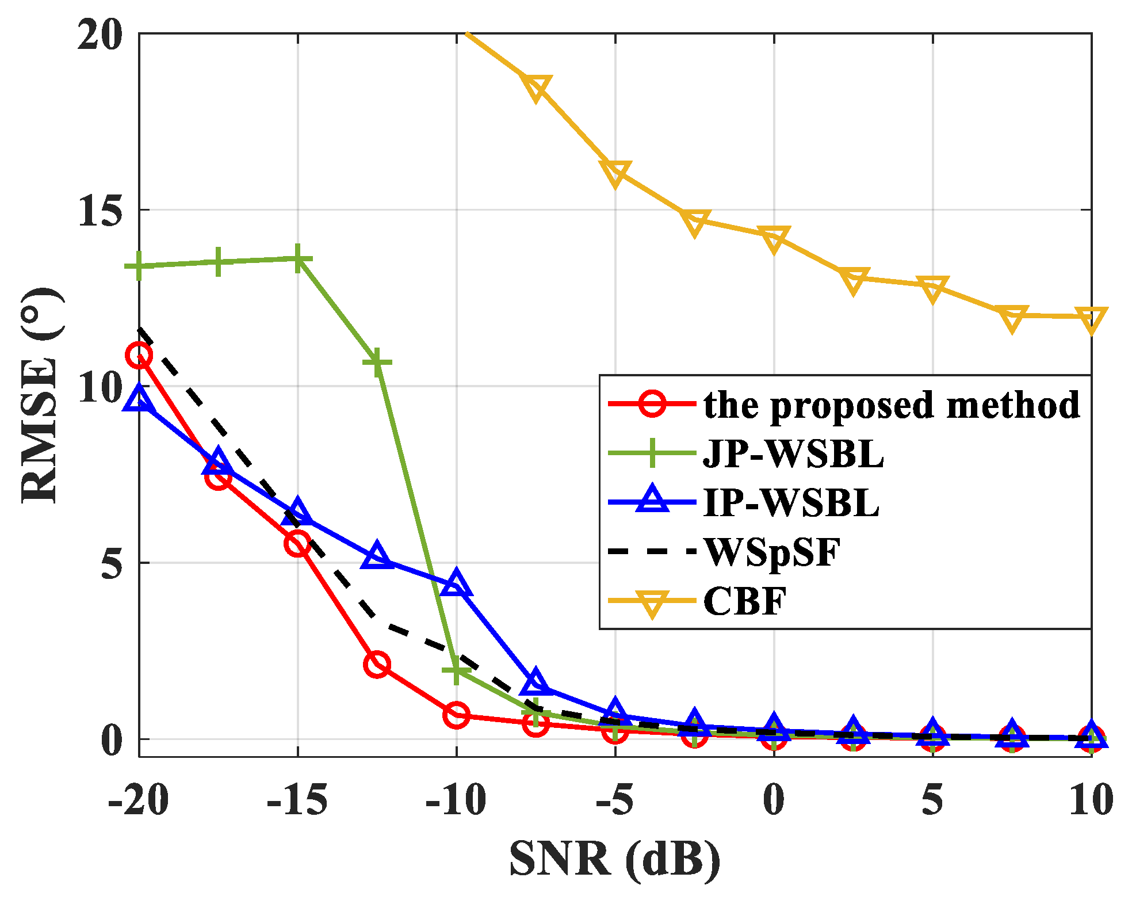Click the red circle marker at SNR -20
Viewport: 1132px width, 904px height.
pyautogui.click(x=139, y=356)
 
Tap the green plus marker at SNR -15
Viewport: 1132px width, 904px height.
pyautogui.click(x=298, y=259)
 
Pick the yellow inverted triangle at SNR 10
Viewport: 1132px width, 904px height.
pyautogui.click(x=1091, y=319)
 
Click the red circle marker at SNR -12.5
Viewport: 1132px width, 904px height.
pyautogui.click(x=377, y=665)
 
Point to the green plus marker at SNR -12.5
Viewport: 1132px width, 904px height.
pyautogui.click(x=377, y=362)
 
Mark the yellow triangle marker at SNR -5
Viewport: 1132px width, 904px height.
pyautogui.click(x=615, y=172)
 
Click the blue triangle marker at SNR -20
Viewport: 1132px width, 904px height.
pyautogui.click(x=139, y=399)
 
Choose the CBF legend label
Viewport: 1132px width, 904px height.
pyautogui.click(x=745, y=601)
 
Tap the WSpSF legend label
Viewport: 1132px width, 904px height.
pyautogui.click(x=772, y=552)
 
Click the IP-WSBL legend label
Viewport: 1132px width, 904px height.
pyautogui.click(x=791, y=503)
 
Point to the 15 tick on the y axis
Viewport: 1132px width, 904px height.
pyautogui.click(x=101, y=210)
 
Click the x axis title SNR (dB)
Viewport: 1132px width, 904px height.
pyautogui.click(x=614, y=859)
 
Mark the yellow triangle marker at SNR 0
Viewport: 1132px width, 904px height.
pyautogui.click(x=774, y=238)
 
